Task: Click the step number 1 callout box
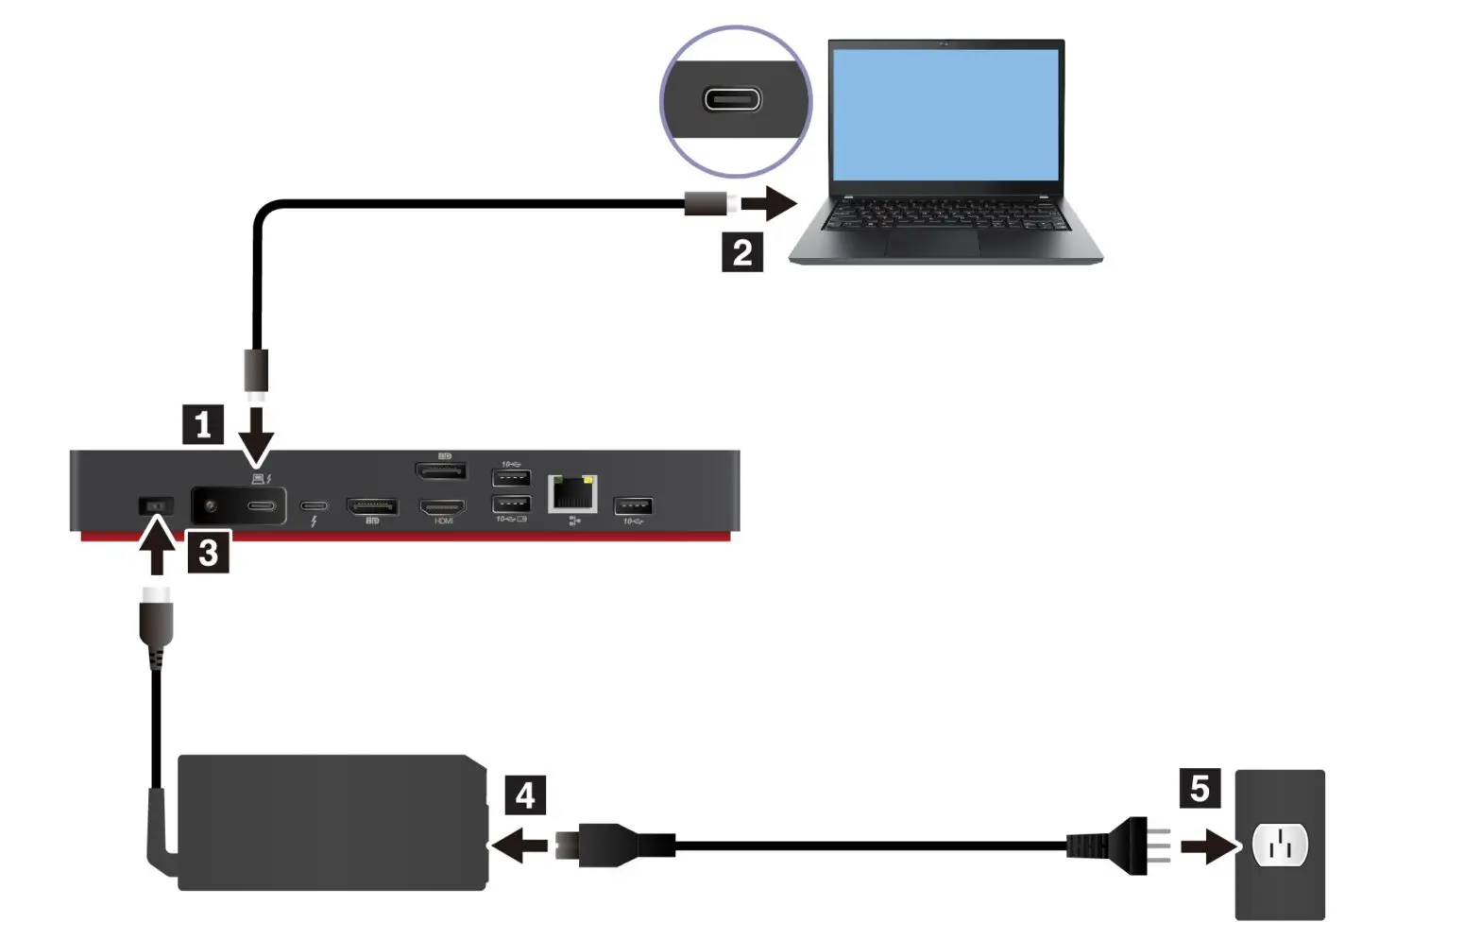coord(203,424)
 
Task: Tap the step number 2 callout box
coord(742,252)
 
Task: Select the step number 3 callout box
coord(209,552)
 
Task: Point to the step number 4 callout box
coord(525,795)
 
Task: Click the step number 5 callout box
coord(1200,788)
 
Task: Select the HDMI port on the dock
coord(443,506)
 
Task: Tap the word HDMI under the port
coord(444,521)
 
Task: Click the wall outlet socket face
coord(1280,846)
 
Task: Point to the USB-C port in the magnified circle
coord(733,99)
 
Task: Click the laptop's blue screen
coord(945,113)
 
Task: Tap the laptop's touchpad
coord(931,244)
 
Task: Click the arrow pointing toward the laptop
coord(769,203)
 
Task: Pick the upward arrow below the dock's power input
coord(157,547)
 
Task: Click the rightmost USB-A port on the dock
coord(633,506)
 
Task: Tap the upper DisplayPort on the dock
coord(441,470)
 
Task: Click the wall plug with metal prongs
coord(1124,846)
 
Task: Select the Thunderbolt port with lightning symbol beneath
coord(314,506)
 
